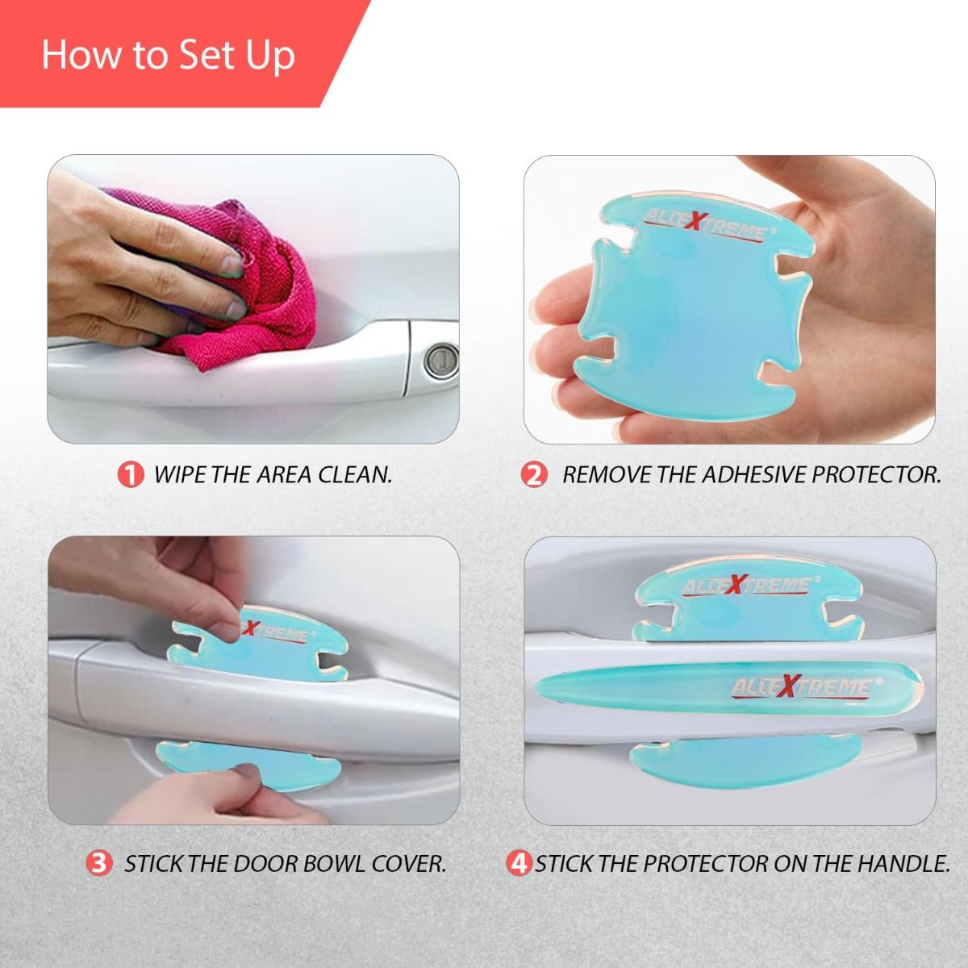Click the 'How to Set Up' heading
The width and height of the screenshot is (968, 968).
click(x=168, y=56)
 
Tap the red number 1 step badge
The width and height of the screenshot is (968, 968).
click(x=131, y=474)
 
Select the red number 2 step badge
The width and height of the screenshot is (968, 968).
click(x=533, y=474)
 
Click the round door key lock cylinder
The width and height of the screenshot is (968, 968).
click(x=441, y=360)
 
